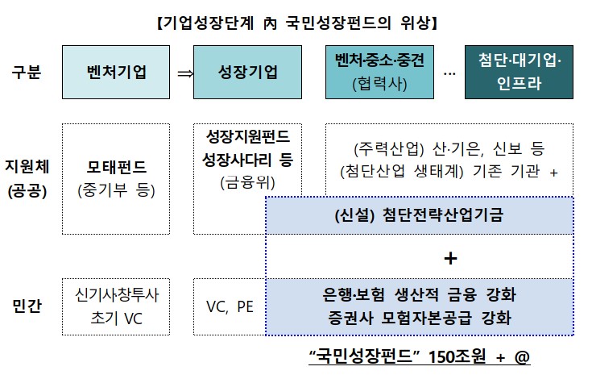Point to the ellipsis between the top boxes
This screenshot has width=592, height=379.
pyautogui.click(x=449, y=73)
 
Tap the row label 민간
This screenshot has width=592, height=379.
pyautogui.click(x=27, y=306)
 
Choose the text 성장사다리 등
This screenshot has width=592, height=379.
pyautogui.click(x=247, y=159)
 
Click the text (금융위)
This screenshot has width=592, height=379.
pyautogui.click(x=247, y=183)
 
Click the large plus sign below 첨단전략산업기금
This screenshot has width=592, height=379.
pyautogui.click(x=450, y=258)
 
